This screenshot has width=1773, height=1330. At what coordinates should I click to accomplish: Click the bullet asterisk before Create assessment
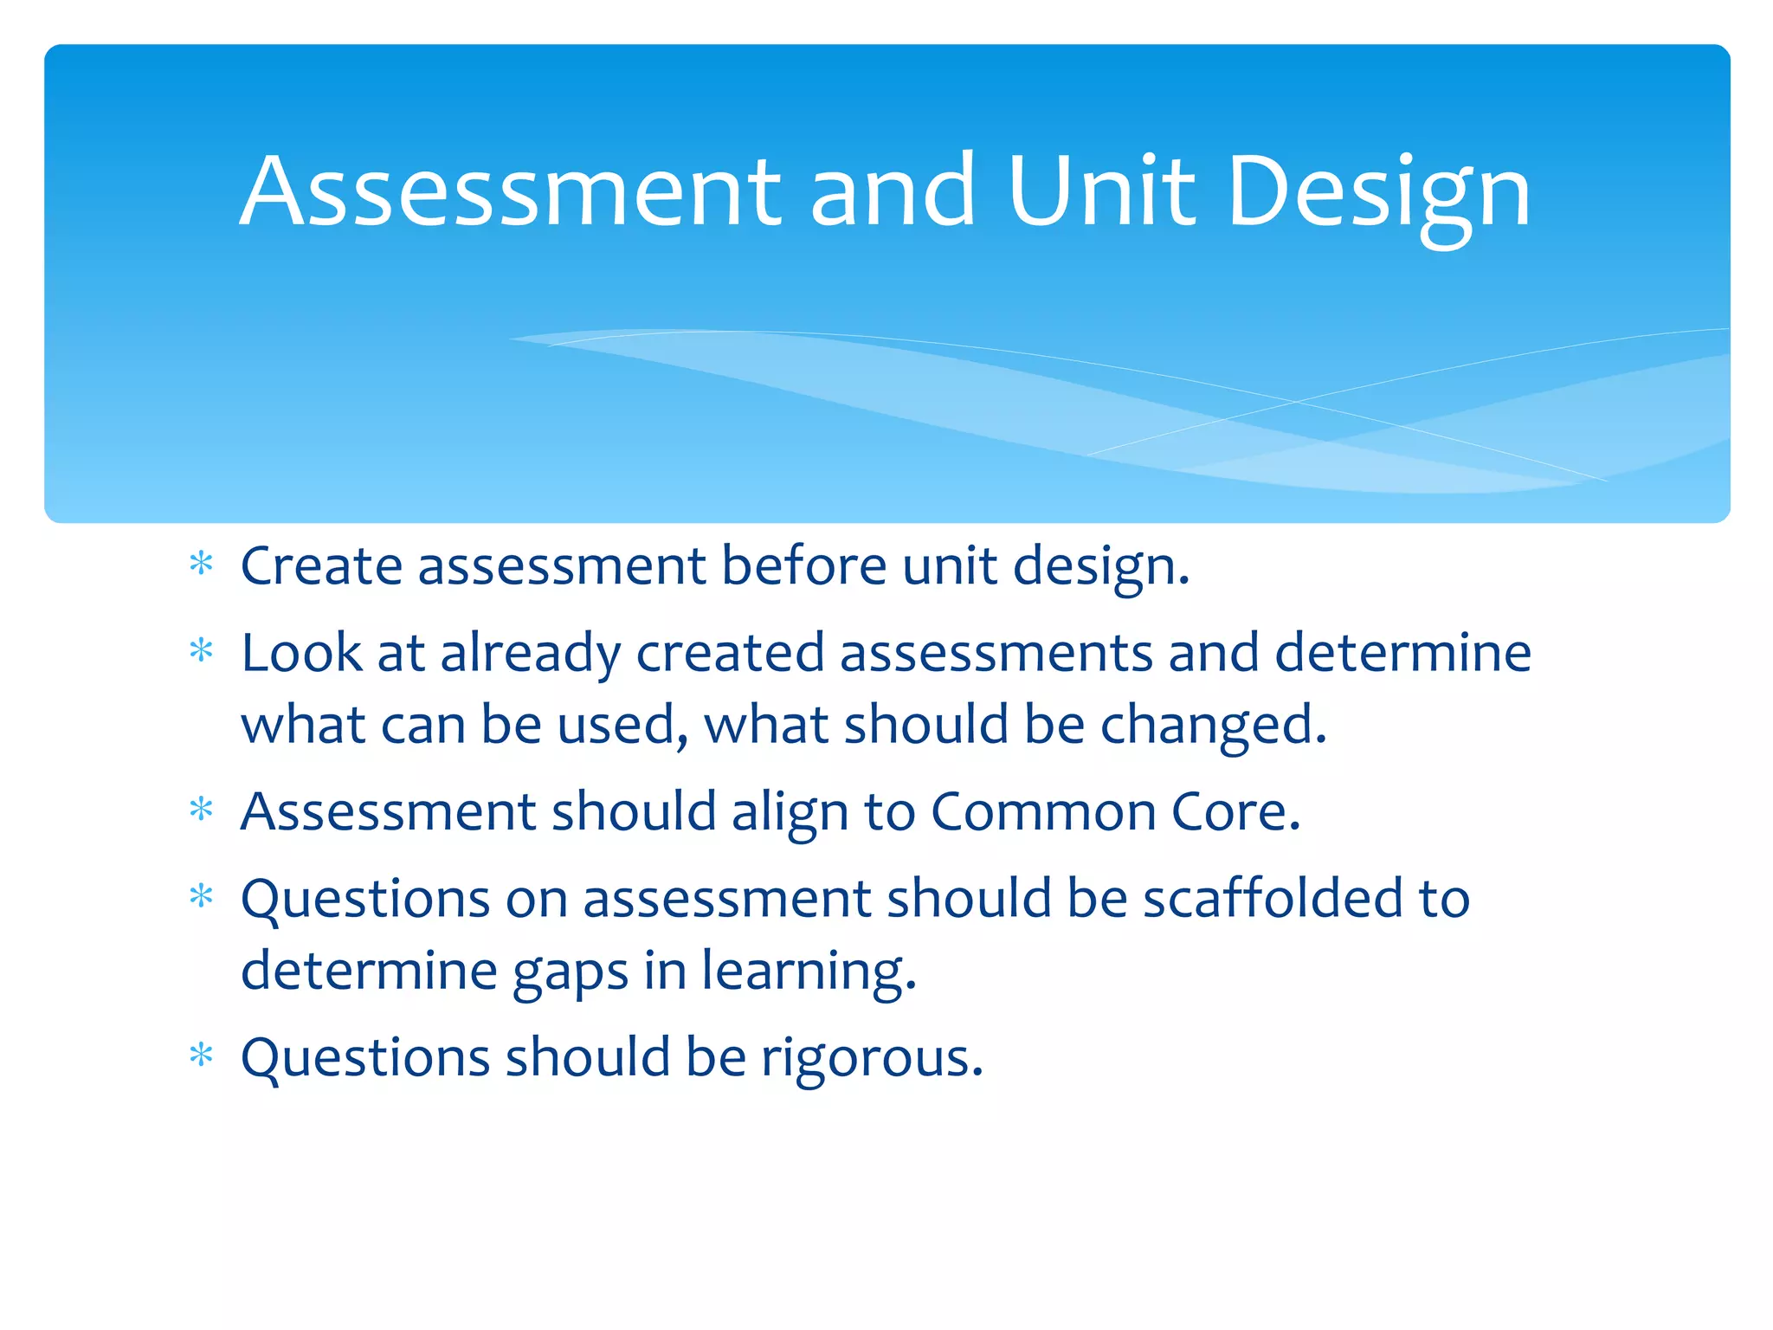pyautogui.click(x=201, y=565)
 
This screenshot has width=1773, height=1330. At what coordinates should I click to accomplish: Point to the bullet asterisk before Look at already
pyautogui.click(x=201, y=650)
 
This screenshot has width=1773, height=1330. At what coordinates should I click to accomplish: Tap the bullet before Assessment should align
pyautogui.click(x=201, y=810)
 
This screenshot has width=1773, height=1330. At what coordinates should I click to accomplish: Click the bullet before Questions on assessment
pyautogui.click(x=201, y=896)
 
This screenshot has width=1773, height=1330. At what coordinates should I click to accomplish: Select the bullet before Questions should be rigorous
pyautogui.click(x=201, y=1056)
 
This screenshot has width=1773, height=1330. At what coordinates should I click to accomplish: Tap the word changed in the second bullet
pyautogui.click(x=1213, y=726)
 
